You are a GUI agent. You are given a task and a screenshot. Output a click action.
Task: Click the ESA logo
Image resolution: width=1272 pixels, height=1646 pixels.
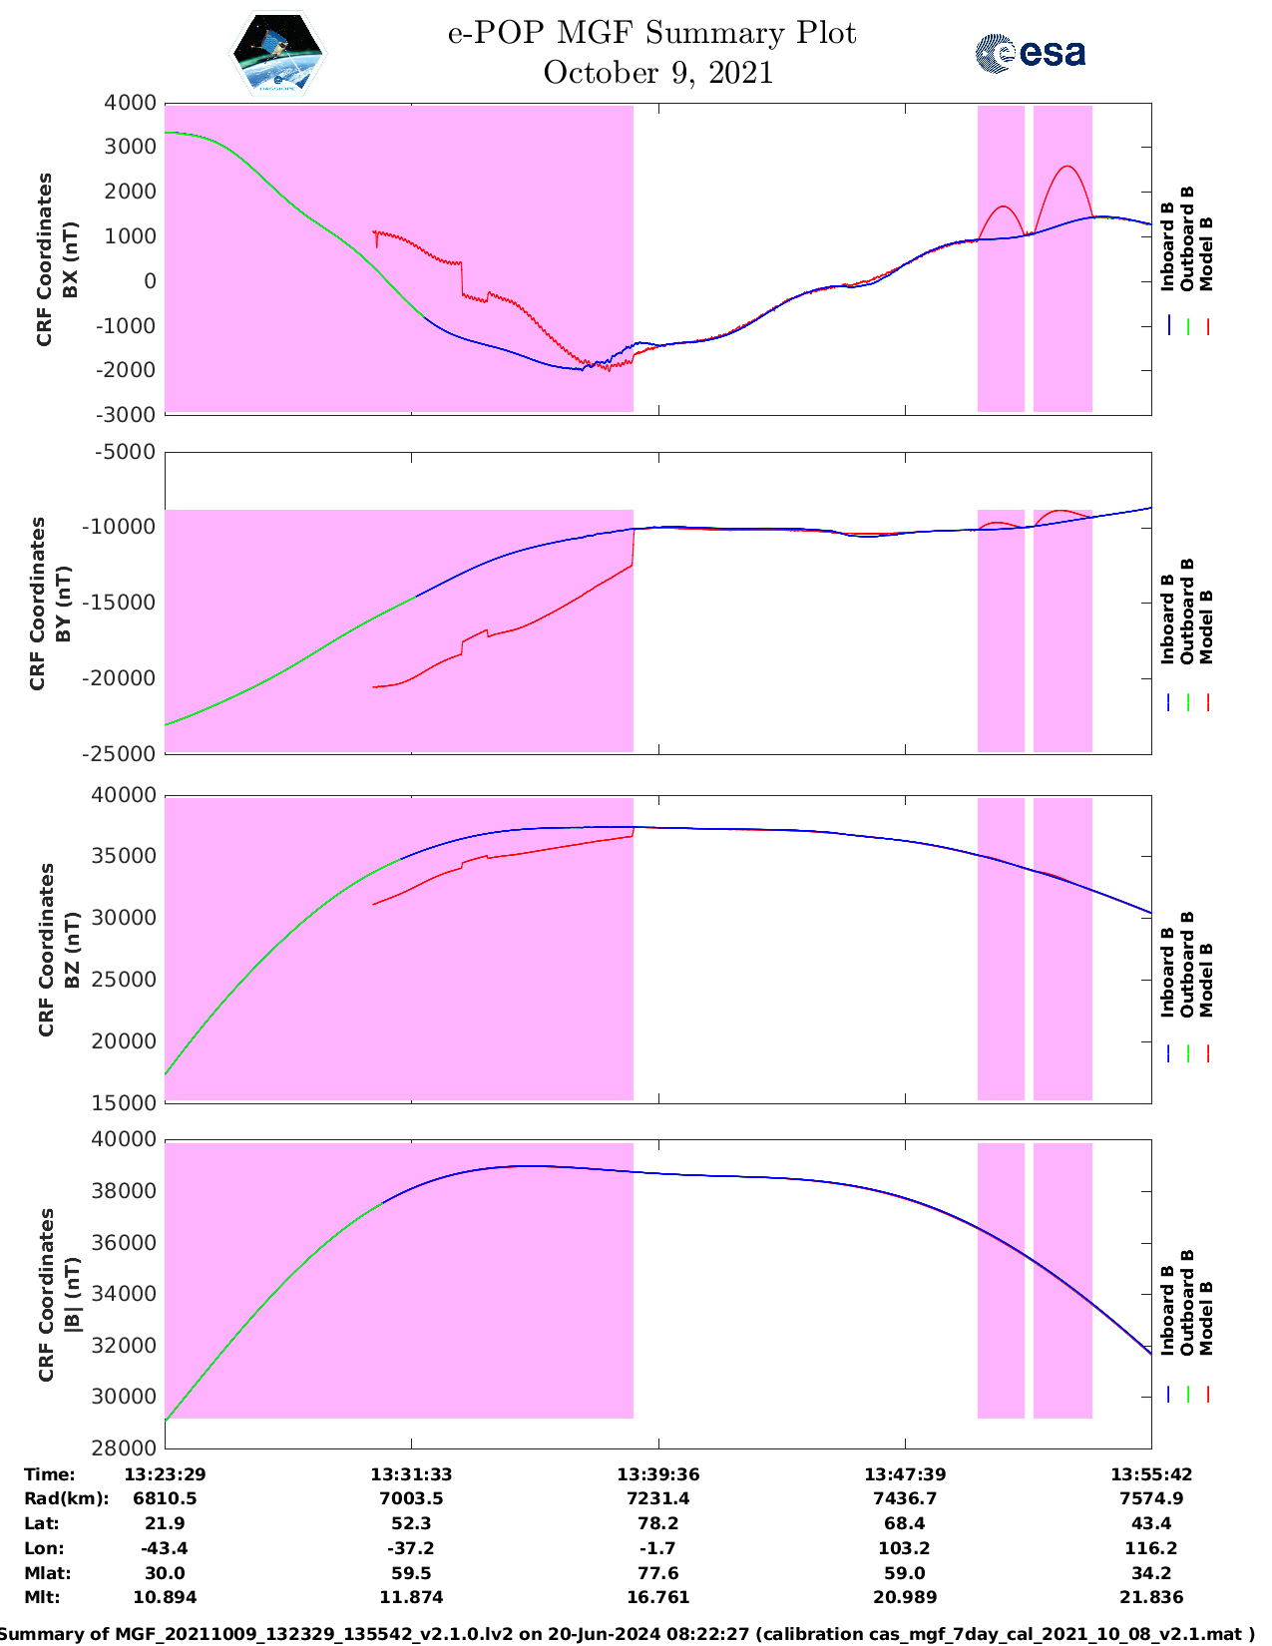point(1031,52)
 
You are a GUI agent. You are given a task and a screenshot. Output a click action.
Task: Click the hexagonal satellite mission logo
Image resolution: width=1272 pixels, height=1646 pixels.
point(277,53)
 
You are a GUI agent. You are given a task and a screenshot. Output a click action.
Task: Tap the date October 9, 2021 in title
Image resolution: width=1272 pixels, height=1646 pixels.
point(657,73)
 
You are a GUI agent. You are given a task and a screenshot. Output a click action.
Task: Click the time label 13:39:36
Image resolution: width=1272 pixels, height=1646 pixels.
point(657,1473)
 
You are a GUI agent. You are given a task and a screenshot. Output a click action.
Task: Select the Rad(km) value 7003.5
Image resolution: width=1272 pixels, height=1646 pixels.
point(411,1498)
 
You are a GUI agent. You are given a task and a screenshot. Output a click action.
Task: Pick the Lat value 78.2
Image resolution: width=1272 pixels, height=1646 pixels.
point(657,1523)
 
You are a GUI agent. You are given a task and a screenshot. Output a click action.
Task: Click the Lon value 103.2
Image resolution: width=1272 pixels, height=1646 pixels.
point(904,1548)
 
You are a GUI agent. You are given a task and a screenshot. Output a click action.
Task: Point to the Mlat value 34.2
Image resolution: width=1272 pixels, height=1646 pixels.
point(1151,1573)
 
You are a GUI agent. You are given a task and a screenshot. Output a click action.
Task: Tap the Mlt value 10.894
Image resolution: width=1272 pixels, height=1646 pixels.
point(165,1597)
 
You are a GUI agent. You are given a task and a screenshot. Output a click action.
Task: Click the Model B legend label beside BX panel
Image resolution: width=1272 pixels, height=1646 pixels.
point(1206,253)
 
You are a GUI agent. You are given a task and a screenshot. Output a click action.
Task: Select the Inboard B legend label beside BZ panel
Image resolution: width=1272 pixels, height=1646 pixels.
point(1168,973)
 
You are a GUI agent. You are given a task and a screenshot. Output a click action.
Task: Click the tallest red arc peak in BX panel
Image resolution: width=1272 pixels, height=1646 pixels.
point(1067,167)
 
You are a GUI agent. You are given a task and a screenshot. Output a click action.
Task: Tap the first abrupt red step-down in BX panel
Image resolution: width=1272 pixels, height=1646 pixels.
point(462,279)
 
